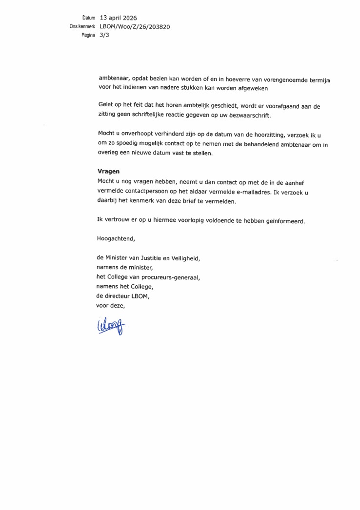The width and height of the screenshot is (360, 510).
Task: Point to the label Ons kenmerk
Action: (x=81, y=27)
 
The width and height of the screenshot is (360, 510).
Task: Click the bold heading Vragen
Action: (x=109, y=172)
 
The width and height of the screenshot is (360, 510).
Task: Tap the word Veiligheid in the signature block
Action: (x=182, y=258)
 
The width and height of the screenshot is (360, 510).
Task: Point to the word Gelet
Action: (x=106, y=106)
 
